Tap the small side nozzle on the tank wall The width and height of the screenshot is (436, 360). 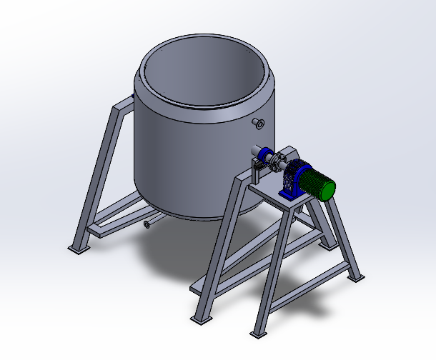(x=259, y=124)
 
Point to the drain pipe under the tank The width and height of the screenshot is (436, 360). (x=149, y=224)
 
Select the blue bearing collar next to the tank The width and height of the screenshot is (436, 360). (x=266, y=155)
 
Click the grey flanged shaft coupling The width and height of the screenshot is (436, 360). (x=277, y=163)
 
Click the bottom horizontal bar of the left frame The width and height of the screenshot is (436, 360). (x=118, y=222)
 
